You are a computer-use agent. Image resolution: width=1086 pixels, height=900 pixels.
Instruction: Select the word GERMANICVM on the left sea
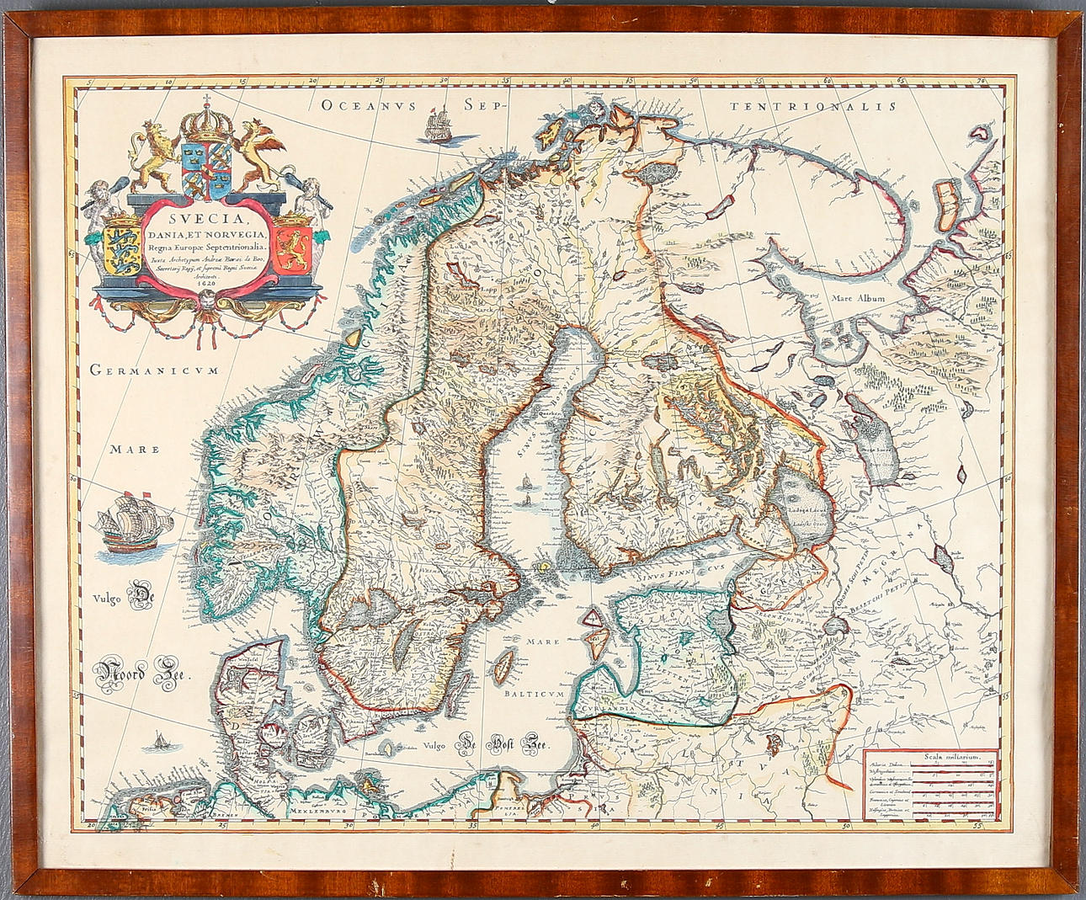tap(154, 370)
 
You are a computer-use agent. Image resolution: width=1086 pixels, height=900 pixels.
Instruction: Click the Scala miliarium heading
tap(929, 756)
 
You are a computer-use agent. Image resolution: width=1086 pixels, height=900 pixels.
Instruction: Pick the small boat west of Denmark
tap(157, 741)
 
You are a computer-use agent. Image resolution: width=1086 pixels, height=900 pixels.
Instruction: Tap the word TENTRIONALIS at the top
tap(812, 107)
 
